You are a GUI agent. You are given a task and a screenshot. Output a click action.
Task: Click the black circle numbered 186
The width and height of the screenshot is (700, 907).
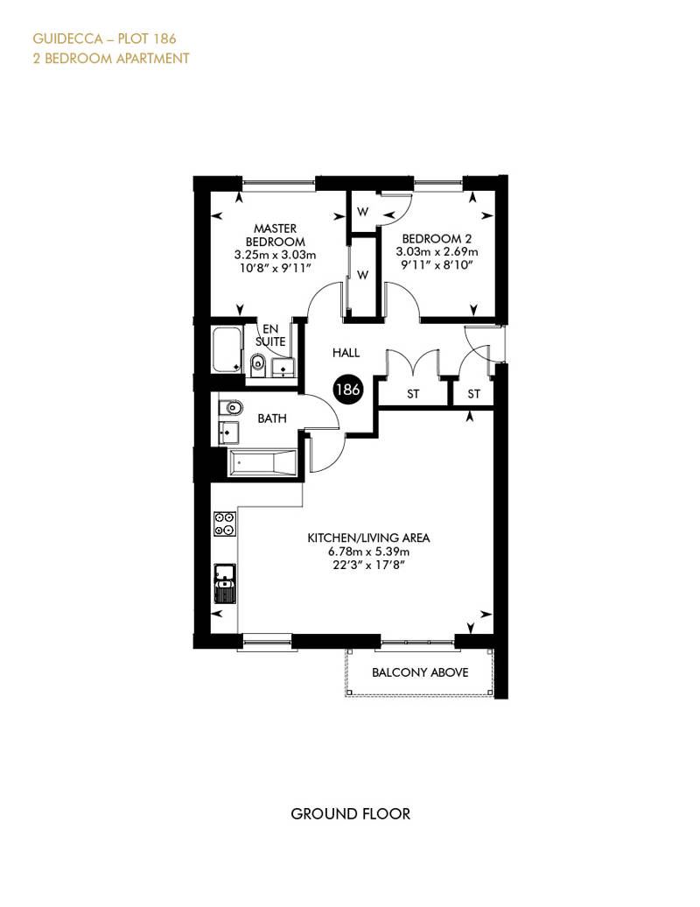[x=347, y=390]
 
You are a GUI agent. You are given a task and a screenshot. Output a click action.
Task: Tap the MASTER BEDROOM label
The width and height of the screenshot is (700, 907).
[x=275, y=235]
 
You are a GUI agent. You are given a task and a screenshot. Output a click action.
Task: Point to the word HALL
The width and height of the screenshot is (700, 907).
[x=347, y=353]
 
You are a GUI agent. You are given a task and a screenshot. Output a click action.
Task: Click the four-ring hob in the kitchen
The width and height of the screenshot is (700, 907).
[x=224, y=524]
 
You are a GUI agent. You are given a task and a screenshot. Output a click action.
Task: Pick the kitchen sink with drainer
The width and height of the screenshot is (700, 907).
[x=225, y=583]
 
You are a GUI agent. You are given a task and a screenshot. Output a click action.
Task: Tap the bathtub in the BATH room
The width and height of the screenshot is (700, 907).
[x=262, y=463]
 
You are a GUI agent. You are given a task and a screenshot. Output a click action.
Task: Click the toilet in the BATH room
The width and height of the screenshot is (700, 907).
[x=230, y=407]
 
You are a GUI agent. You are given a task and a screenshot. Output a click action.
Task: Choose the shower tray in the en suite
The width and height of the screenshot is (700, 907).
[x=227, y=349]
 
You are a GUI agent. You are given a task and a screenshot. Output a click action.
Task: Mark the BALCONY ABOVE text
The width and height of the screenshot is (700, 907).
[x=420, y=672]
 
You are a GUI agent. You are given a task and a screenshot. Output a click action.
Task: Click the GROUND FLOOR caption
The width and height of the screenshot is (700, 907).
[x=350, y=813]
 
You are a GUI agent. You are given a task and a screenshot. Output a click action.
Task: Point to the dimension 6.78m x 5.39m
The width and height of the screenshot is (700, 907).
[x=367, y=552]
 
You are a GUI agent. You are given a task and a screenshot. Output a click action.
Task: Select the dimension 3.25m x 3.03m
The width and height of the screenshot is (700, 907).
[x=275, y=254]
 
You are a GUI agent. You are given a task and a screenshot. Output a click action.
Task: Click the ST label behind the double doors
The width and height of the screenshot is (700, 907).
[x=413, y=395]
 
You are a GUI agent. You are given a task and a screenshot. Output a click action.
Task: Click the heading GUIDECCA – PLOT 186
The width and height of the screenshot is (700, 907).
[x=108, y=39]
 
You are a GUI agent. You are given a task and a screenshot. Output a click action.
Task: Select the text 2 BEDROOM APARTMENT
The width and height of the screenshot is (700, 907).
[x=111, y=59]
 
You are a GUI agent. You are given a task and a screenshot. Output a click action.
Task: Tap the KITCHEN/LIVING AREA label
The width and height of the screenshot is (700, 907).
[x=367, y=538]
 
